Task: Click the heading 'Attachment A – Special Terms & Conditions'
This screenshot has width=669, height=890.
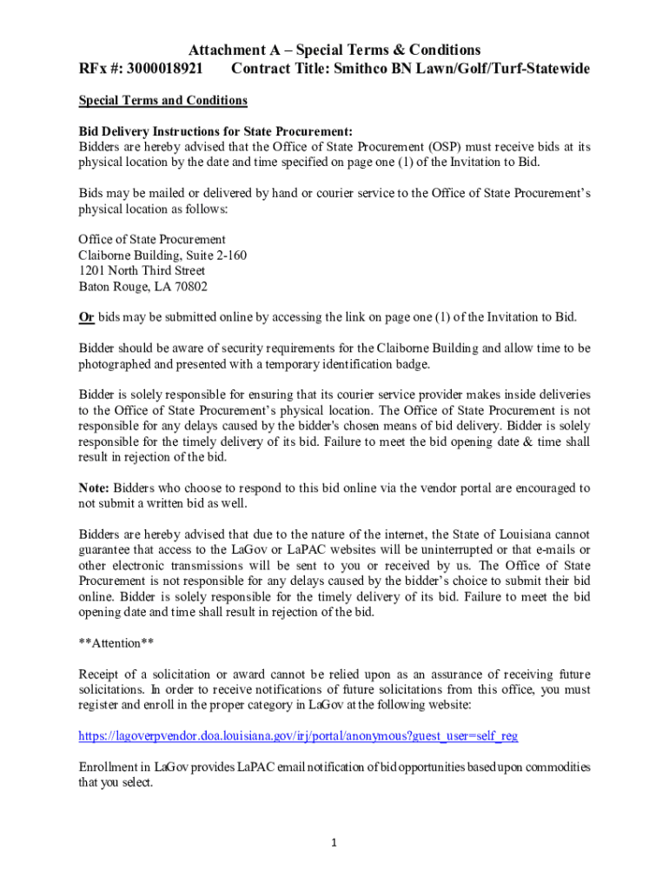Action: [x=334, y=50]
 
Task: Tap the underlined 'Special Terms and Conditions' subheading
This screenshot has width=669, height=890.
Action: [x=163, y=101]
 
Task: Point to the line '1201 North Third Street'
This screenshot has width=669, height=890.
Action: [x=142, y=270]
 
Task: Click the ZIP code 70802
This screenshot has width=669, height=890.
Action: [x=190, y=286]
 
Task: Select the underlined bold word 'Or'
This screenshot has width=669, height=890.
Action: [x=87, y=316]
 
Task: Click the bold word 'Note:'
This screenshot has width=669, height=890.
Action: [x=95, y=488]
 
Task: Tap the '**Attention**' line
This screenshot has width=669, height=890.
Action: [x=117, y=644]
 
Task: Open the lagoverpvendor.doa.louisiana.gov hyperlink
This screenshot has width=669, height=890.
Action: [x=298, y=735]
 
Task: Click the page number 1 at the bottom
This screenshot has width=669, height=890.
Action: [x=334, y=843]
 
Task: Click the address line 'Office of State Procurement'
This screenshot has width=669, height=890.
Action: [x=152, y=239]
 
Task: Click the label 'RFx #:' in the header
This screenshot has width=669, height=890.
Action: [x=101, y=69]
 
